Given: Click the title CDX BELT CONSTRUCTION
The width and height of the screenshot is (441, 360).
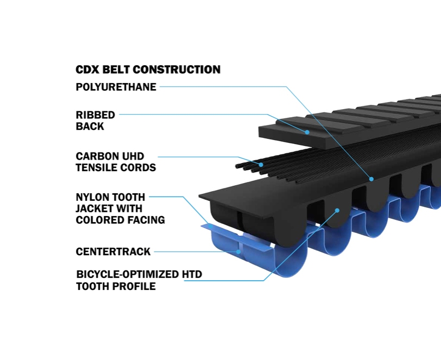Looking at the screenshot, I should tap(148, 70).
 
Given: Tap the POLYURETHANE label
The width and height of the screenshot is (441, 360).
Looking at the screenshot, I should tap(116, 87).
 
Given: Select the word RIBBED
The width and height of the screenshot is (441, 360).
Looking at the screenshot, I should tap(96, 115).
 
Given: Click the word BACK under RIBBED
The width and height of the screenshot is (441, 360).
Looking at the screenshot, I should tap(90, 127).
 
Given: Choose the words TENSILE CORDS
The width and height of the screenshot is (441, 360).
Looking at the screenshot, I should tap(116, 168).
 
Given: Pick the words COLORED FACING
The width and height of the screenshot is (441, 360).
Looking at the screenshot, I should tap(120, 220).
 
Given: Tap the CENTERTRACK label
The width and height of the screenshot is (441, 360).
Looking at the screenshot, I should tap(113, 251).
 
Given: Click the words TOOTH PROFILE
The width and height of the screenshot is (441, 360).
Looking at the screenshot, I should tap(116, 286).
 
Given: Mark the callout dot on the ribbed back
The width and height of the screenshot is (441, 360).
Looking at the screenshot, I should tap(307, 132).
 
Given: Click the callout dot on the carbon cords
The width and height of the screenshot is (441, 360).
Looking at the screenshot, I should tap(261, 164).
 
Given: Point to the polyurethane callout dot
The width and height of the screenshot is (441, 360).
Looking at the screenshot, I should tap(371, 178).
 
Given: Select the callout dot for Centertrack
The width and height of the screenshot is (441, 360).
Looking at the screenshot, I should tap(238, 251).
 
